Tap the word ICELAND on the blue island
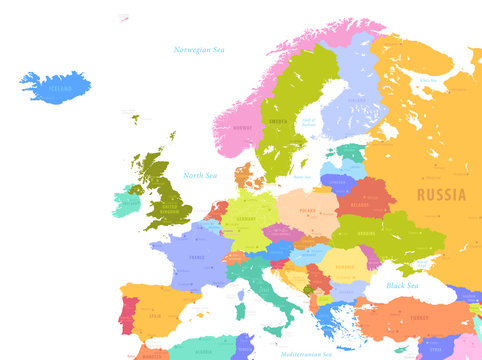pyautogui.click(x=60, y=88)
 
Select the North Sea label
pyautogui.click(x=199, y=175)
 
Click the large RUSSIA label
pyautogui.click(x=441, y=194)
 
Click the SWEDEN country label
pyautogui.click(x=279, y=122)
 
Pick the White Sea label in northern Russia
pyautogui.click(x=428, y=80)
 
